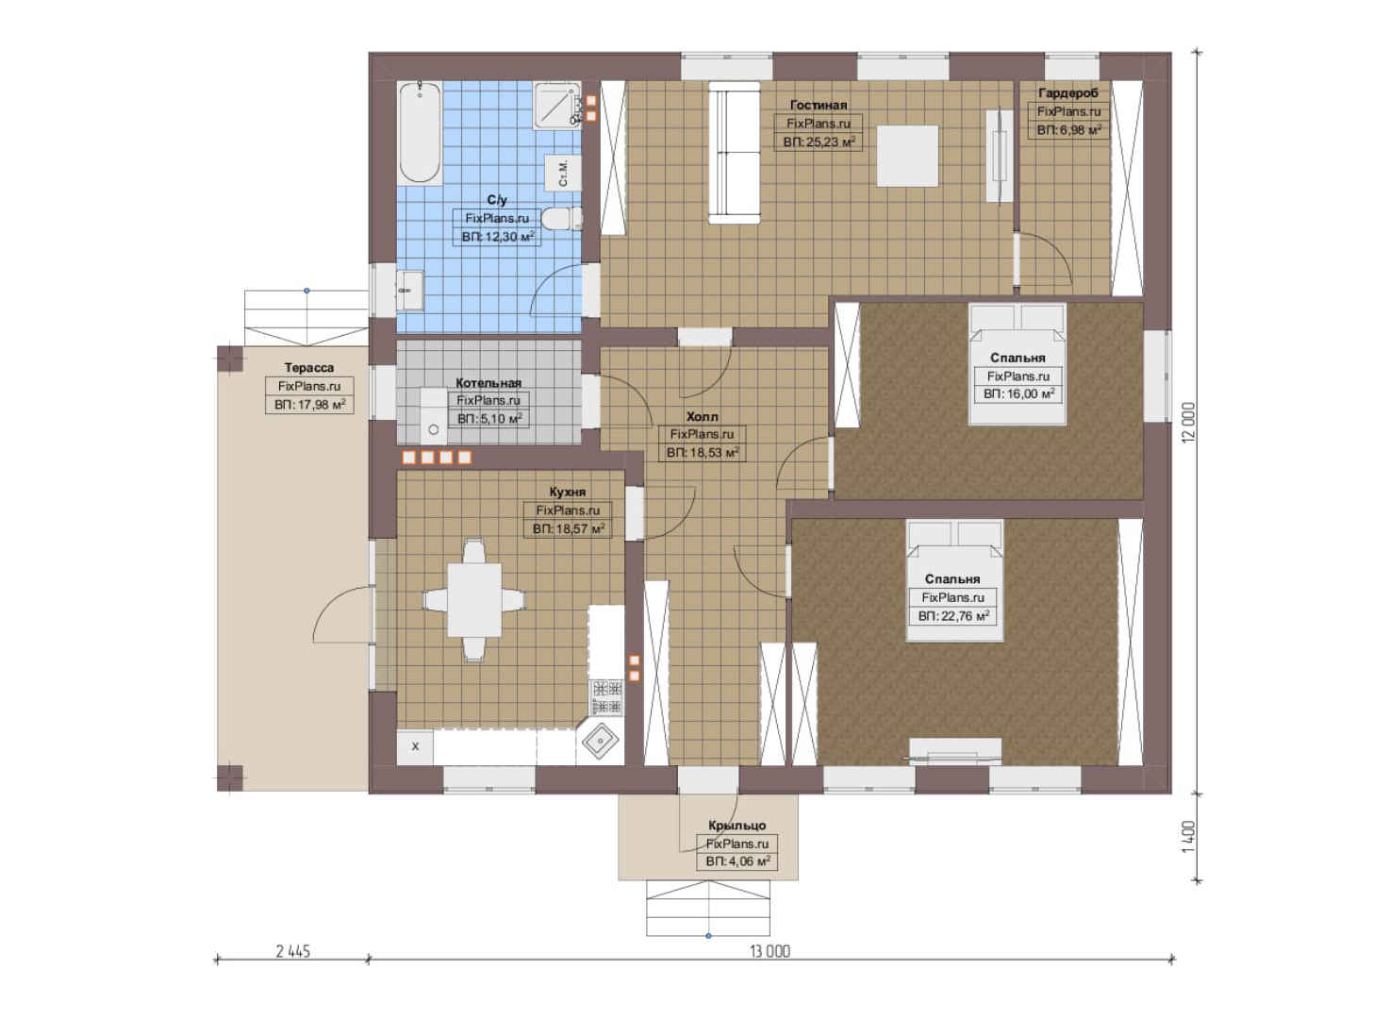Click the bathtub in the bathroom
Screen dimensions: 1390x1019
coord(420,132)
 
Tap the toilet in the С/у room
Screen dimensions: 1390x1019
coord(562,219)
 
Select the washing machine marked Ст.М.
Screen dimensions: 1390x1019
coord(562,173)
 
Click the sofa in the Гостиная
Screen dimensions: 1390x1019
coord(734,153)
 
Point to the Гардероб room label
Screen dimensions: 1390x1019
coord(1067,93)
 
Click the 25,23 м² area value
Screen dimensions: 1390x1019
coord(819,142)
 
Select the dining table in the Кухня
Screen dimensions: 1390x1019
coord(474,599)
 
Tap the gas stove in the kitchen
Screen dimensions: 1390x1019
coord(606,697)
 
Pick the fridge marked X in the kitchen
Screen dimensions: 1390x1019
coord(415,746)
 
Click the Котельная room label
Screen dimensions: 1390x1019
coord(488,383)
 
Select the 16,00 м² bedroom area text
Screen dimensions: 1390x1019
coord(1018,394)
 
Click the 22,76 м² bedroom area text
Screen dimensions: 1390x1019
coord(953,616)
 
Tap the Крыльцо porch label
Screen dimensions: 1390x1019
coord(737,826)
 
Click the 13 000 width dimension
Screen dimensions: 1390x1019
coord(770,951)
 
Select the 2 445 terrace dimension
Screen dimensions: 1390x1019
coord(293,951)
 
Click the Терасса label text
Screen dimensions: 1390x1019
coord(309,368)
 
